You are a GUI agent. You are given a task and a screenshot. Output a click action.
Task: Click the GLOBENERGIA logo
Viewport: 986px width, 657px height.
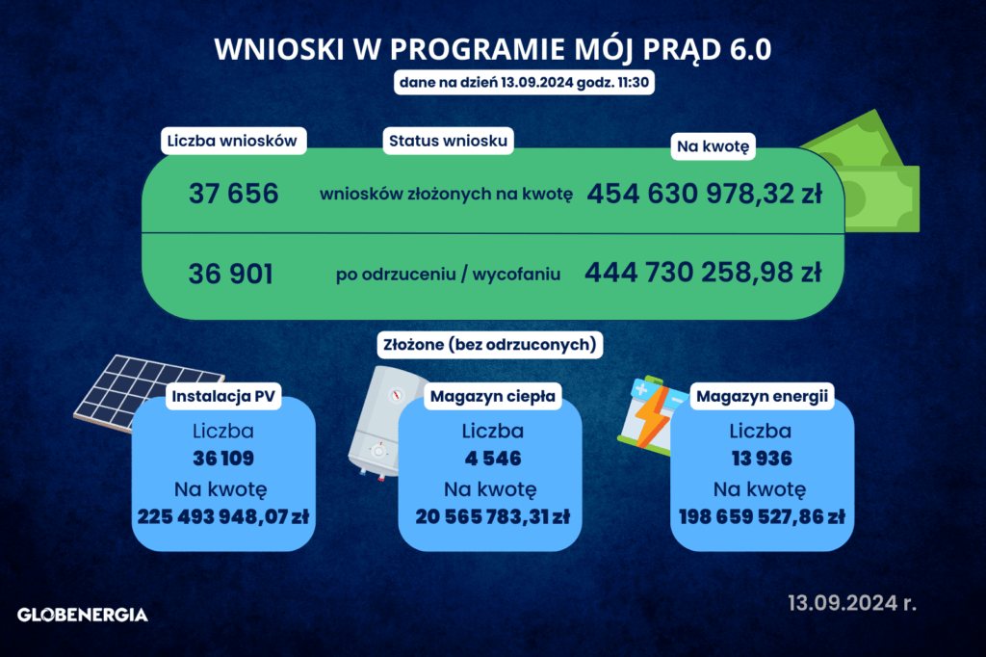coord(83,615)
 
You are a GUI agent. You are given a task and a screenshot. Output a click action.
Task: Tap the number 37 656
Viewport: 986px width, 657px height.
coord(233,194)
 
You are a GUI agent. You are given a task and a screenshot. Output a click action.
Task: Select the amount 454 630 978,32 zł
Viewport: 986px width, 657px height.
coord(704,194)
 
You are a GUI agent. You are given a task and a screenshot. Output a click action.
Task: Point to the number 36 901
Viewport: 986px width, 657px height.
coord(231,274)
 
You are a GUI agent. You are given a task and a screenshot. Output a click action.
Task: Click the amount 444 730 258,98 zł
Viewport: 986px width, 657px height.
coord(703,273)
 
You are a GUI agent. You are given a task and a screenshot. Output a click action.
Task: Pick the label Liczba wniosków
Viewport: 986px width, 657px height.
coord(233,141)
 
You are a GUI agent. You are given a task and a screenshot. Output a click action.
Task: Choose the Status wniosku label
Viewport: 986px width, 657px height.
coord(448,141)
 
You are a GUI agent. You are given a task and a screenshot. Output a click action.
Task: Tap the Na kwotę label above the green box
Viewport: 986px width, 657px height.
coord(714,146)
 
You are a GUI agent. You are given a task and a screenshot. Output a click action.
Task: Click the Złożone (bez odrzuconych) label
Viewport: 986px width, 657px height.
coord(490,345)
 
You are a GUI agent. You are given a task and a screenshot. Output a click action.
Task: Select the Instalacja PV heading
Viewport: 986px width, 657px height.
coord(223,397)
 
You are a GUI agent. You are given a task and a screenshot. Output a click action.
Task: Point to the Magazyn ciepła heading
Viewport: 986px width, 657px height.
coord(492,397)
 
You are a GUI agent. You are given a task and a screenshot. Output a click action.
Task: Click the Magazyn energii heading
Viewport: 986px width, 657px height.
coord(762,397)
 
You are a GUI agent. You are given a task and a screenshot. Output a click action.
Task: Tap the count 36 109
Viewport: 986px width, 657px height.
coord(223,459)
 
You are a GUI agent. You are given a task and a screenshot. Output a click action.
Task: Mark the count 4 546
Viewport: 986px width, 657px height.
coord(493,459)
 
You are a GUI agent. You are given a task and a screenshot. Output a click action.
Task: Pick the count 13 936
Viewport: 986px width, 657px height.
coord(762,459)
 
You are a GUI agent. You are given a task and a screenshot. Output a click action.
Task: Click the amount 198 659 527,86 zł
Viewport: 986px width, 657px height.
coord(762,516)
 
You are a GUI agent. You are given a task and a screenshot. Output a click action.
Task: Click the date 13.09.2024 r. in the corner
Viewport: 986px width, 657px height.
coord(852,603)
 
